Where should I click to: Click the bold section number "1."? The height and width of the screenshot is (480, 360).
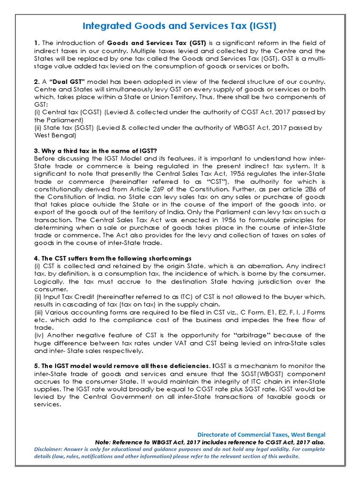pyautogui.click(x=37, y=43)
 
